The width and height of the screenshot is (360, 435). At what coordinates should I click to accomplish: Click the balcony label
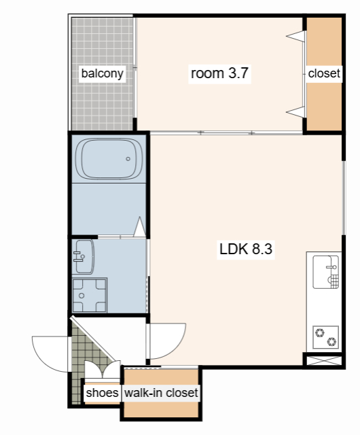tap(102, 73)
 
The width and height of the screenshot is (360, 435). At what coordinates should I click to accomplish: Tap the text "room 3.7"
tap(219, 73)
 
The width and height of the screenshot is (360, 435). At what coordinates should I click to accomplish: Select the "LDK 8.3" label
tap(246, 249)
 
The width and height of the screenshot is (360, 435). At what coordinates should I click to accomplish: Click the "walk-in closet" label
tap(161, 393)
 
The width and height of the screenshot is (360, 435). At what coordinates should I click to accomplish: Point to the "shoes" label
tap(102, 393)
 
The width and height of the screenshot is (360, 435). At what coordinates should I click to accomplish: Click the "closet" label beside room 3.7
tap(324, 73)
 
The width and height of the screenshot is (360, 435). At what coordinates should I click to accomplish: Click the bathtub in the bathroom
tap(109, 158)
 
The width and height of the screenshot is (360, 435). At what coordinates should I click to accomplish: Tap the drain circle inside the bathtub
tap(128, 158)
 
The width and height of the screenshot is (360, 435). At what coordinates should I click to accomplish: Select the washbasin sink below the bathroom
tap(84, 257)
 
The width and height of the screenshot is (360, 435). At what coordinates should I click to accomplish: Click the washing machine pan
tap(89, 295)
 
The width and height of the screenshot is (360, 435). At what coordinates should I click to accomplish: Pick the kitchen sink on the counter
tap(326, 272)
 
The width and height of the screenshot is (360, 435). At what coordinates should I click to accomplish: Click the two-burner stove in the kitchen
tap(325, 337)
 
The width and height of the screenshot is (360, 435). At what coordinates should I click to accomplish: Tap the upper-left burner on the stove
tap(320, 332)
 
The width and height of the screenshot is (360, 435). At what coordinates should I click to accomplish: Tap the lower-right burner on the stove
tap(331, 341)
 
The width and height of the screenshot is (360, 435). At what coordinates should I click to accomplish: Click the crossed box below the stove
tap(324, 361)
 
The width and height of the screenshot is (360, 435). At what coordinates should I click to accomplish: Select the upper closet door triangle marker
tap(295, 36)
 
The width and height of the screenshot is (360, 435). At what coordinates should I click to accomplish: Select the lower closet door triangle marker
tap(295, 111)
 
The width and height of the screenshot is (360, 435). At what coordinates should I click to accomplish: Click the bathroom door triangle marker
tap(140, 226)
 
